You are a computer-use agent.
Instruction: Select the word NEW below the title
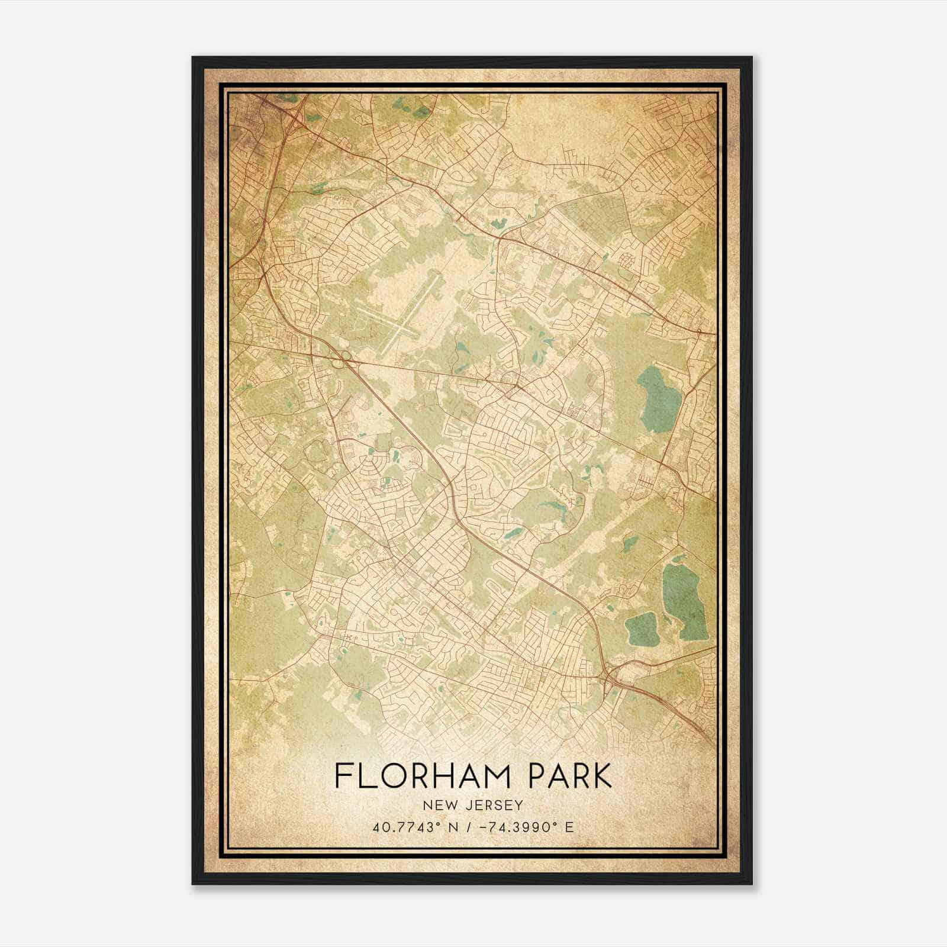point(440,805)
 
